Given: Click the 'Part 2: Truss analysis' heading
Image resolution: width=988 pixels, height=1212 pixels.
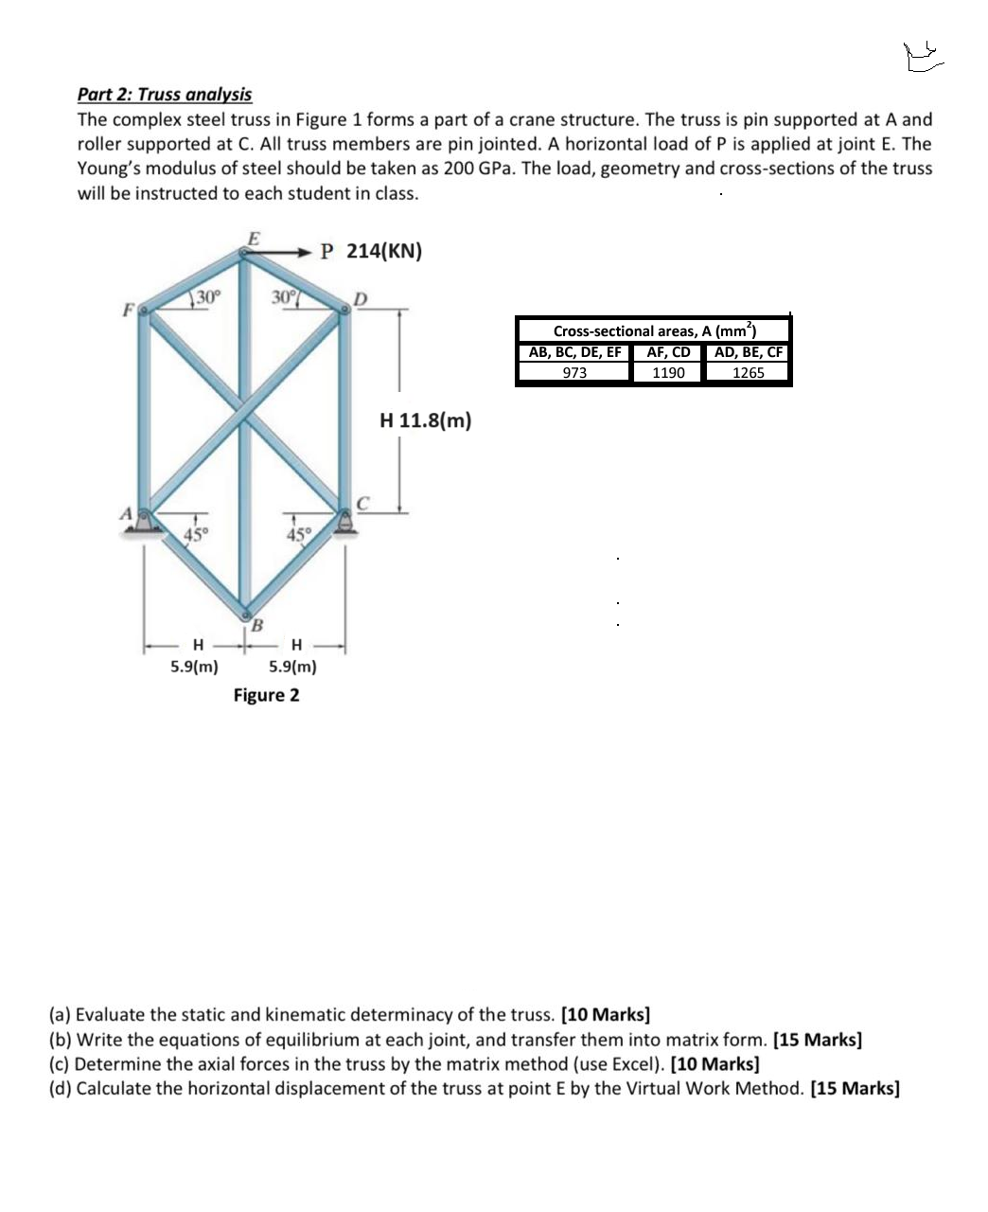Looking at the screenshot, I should [164, 94].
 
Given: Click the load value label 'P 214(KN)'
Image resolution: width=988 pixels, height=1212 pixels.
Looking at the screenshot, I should [371, 251].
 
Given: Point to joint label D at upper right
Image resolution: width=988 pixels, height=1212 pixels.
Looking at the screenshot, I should [358, 300].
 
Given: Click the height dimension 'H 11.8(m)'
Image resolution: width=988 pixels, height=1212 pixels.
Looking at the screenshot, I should [425, 419].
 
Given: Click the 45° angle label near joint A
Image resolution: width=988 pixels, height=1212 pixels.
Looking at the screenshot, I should [195, 533].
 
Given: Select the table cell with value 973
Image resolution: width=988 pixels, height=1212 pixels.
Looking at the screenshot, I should [573, 372].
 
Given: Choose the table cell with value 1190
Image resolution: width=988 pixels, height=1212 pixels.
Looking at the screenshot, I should [668, 372].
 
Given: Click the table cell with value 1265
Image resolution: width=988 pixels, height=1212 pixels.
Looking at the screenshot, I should [748, 372].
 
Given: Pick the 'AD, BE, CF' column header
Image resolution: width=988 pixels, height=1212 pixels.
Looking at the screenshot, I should [748, 352].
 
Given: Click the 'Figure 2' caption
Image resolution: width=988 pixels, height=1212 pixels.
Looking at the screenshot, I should [266, 695].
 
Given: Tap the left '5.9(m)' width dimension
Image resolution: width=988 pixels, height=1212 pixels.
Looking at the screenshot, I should [194, 666].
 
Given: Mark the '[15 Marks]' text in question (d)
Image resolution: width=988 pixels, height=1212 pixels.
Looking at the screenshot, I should [856, 1088].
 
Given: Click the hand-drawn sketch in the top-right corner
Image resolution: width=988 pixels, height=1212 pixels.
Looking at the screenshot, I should [923, 59].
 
